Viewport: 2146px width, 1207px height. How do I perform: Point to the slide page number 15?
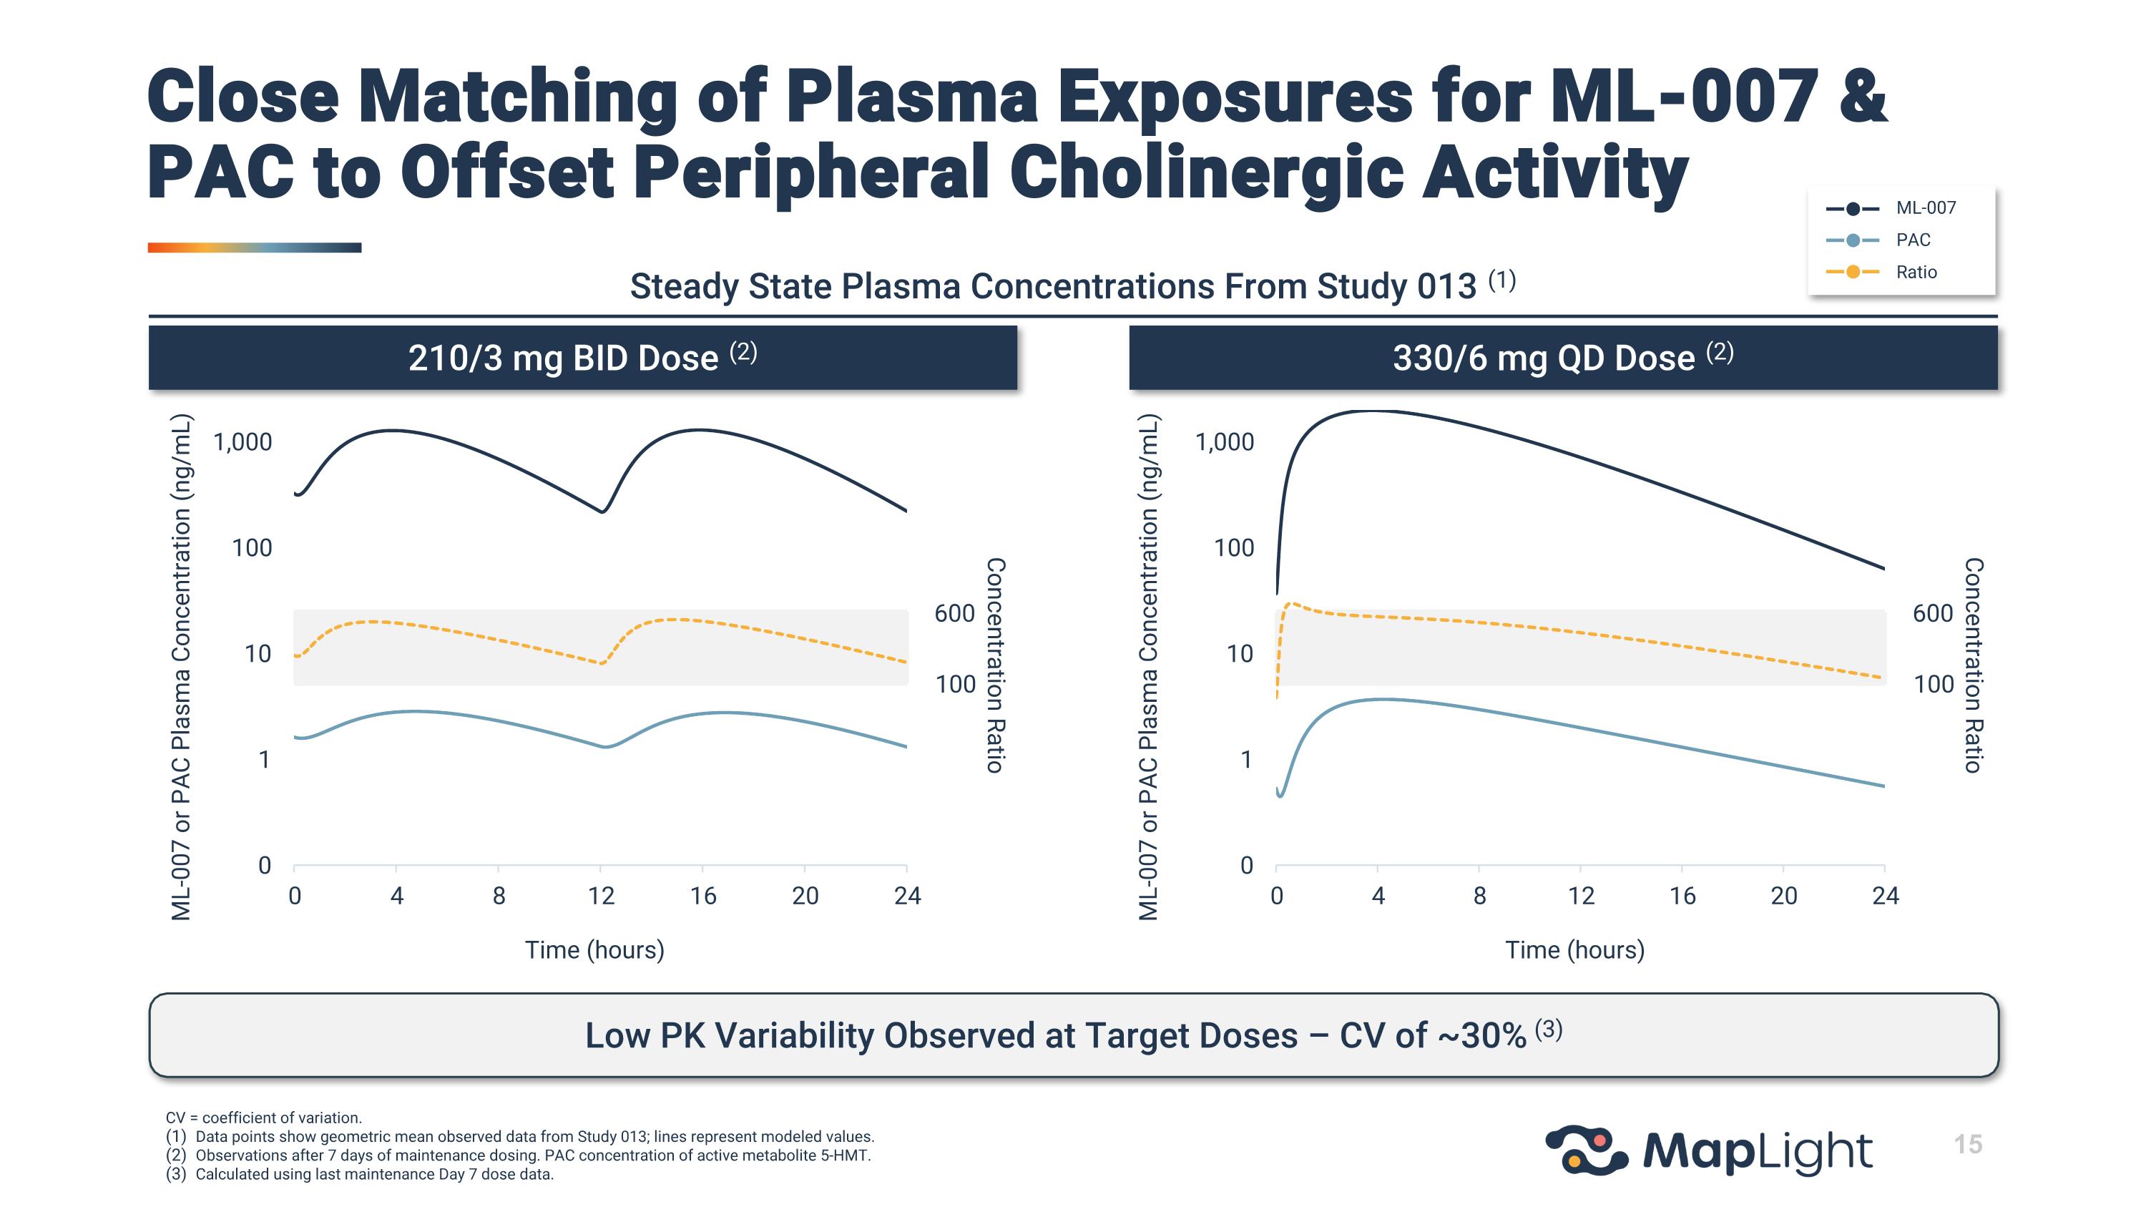pyautogui.click(x=1968, y=1145)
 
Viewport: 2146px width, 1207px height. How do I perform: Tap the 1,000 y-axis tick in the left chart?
pyautogui.click(x=242, y=442)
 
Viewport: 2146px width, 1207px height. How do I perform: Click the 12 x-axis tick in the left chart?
pyautogui.click(x=601, y=896)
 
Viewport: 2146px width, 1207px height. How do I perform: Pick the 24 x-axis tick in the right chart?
pyautogui.click(x=1885, y=896)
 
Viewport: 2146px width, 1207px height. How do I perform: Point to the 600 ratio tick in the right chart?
pyautogui.click(x=1933, y=614)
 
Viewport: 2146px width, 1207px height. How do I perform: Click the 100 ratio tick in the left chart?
pyautogui.click(x=955, y=685)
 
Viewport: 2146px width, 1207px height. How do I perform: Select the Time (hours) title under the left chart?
pyautogui.click(x=594, y=950)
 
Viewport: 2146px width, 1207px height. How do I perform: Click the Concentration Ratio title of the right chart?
pyautogui.click(x=1973, y=665)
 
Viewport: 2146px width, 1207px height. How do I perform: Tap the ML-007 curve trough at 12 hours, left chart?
pyautogui.click(x=602, y=512)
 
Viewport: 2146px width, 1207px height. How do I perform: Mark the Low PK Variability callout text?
pyautogui.click(x=1073, y=1035)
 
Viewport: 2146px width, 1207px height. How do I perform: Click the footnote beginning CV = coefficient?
pyautogui.click(x=263, y=1118)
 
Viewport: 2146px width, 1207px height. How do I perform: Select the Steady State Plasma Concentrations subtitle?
pyautogui.click(x=1072, y=285)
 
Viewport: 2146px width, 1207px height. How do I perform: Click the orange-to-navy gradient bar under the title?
pyautogui.click(x=254, y=248)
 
